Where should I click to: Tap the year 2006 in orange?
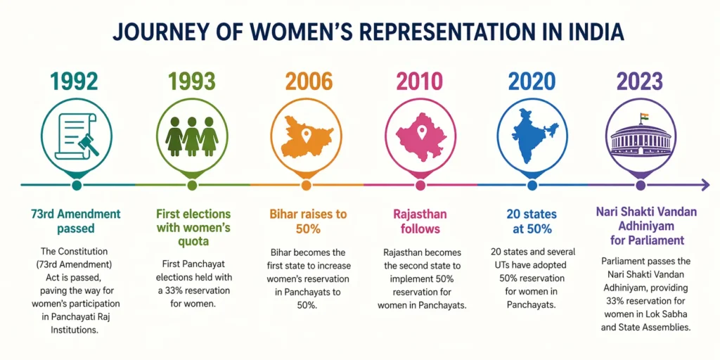(309, 82)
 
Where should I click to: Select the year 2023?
(641, 82)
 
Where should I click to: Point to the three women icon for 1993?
(191, 135)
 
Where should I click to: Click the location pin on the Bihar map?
(306, 134)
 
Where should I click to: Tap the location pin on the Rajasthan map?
(421, 131)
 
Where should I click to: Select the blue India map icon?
(535, 136)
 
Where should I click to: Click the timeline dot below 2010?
(421, 185)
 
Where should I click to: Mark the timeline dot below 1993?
(191, 185)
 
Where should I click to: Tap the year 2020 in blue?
(532, 82)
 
